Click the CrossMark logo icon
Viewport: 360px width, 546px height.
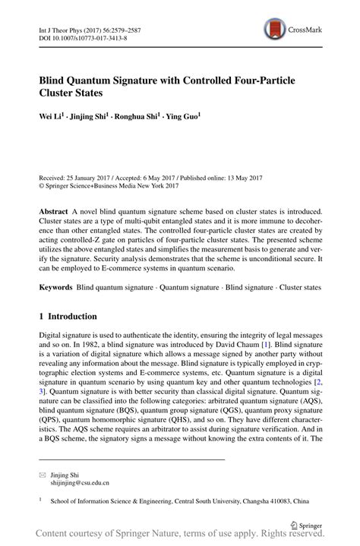274,30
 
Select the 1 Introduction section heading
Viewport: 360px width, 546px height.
68,317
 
